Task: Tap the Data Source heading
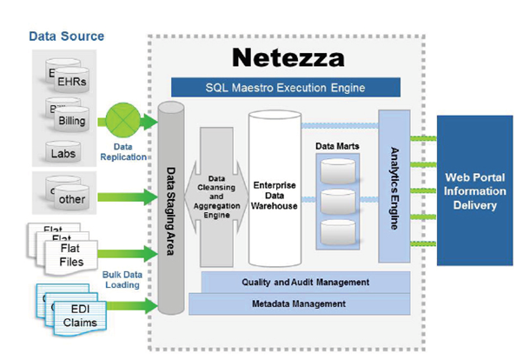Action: pos(66,37)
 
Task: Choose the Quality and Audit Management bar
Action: pos(306,283)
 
